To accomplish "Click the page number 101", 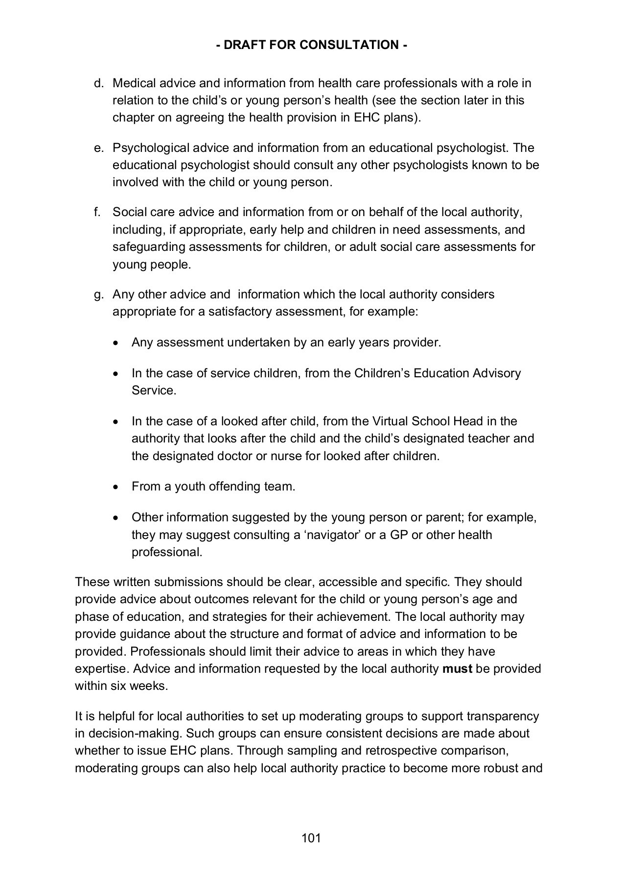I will pos(311,838).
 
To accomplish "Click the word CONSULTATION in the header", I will pos(349,45).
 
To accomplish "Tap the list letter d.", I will pos(99,83).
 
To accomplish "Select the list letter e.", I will pos(99,148).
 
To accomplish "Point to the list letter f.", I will pos(97,212).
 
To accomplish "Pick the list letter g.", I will pos(99,295).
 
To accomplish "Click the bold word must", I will pos(457,669).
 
